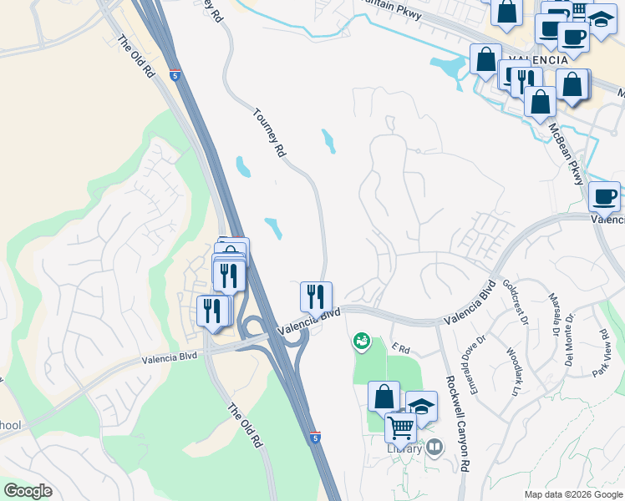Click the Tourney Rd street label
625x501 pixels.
click(x=269, y=132)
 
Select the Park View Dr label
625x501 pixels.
click(x=600, y=351)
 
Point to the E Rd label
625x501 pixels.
click(x=402, y=348)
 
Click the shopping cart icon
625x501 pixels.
click(x=401, y=428)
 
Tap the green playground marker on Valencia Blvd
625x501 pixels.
click(x=361, y=340)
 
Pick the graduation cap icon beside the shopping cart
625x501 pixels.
click(x=421, y=407)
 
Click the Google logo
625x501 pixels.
click(x=28, y=491)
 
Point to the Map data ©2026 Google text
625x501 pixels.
click(x=572, y=494)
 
